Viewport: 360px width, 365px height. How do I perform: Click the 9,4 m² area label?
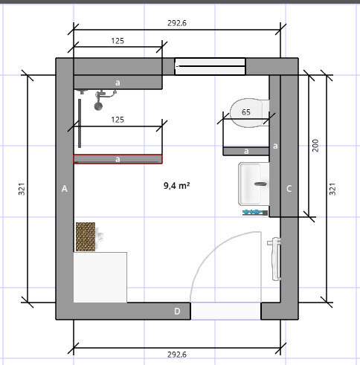[x=177, y=186]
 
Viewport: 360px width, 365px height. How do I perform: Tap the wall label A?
[x=65, y=189]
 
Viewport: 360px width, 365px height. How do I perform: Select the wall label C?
[x=289, y=189]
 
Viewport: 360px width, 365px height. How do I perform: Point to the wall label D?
[x=177, y=311]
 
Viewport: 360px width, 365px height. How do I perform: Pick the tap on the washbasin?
[x=260, y=184]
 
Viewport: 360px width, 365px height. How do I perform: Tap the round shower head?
[x=98, y=106]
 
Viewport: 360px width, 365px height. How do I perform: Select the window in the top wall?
[x=210, y=66]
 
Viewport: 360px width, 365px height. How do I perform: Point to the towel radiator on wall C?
[x=275, y=259]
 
